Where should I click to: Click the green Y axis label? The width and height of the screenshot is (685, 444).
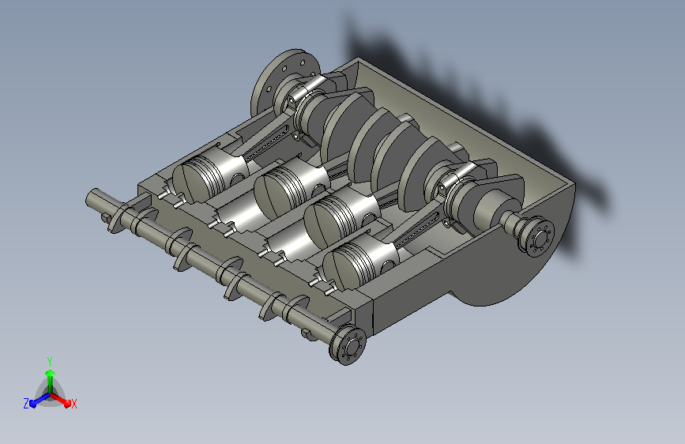coord(50,361)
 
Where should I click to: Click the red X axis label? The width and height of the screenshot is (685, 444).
coord(73,404)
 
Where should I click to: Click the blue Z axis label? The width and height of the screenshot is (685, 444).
coord(26,404)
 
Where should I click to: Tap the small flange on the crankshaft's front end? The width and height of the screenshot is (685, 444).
coord(536,238)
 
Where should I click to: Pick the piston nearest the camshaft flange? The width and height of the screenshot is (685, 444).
coord(361,265)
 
